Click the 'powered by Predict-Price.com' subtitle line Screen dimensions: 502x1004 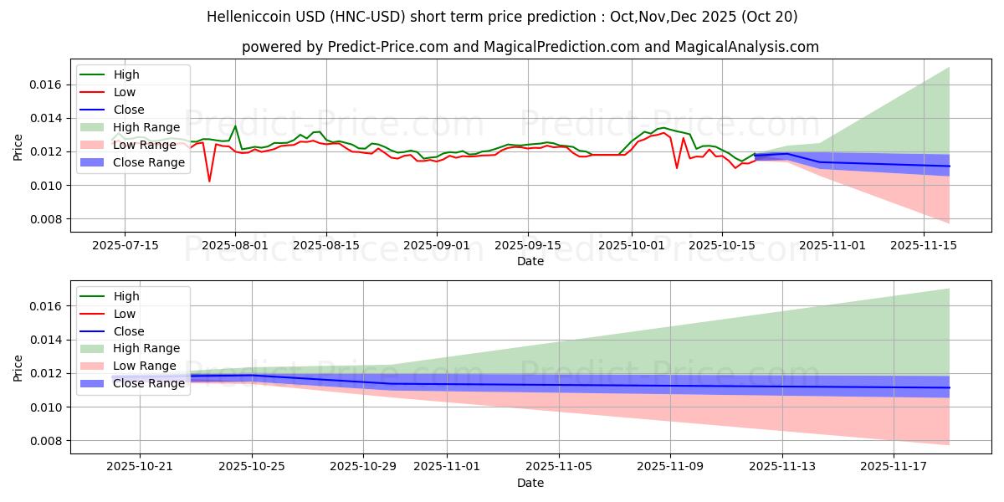click(530, 47)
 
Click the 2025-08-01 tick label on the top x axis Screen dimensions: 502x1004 click(235, 245)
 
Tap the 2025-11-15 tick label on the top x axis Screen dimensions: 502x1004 click(924, 245)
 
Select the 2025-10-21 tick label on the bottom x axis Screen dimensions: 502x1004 click(140, 467)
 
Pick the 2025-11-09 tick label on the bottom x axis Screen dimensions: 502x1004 click(670, 467)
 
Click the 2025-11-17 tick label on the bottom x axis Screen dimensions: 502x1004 click(894, 467)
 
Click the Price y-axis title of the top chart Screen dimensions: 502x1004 click(18, 147)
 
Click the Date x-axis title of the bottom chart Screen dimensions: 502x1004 click(530, 483)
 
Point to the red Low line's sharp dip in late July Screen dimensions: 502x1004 click(209, 181)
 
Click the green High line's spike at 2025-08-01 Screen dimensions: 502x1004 click(235, 126)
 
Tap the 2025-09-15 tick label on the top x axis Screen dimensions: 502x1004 click(527, 245)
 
